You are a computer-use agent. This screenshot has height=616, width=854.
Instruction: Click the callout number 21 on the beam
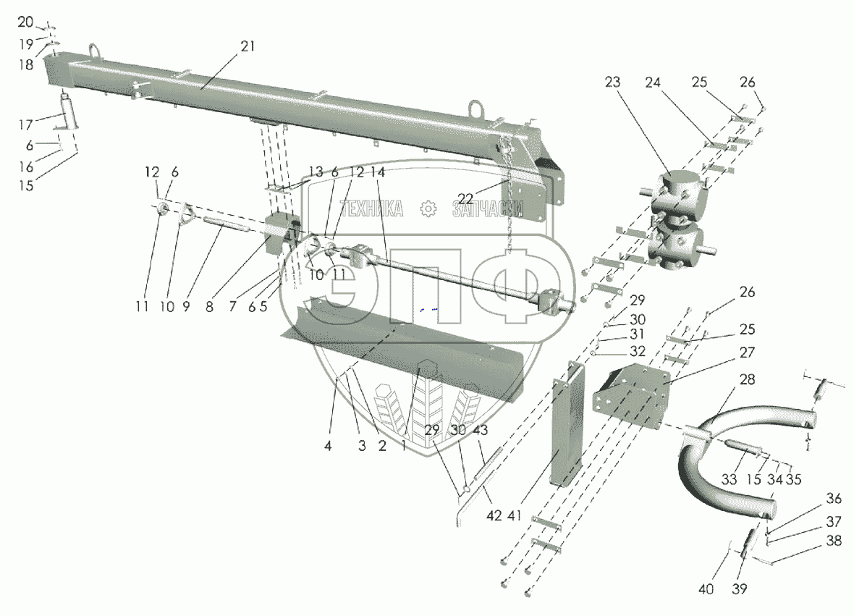pos(248,46)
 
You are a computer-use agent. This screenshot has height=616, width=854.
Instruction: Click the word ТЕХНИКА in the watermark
pos(371,209)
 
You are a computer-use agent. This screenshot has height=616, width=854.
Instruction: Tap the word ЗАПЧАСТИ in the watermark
pos(486,209)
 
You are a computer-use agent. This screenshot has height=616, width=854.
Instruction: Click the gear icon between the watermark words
pos(428,209)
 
